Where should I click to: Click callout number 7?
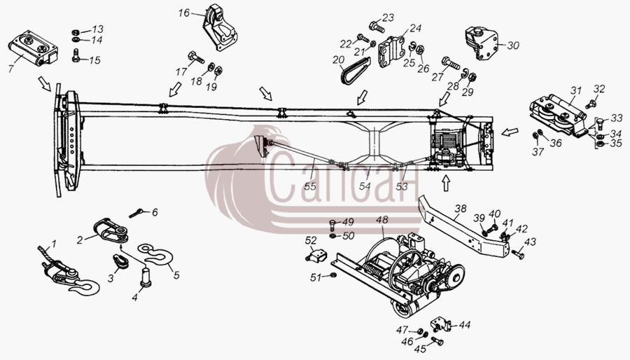tap(10, 69)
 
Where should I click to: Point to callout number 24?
tap(415, 28)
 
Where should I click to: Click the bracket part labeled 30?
tap(482, 43)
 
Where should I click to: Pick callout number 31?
tap(576, 91)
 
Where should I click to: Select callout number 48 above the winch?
tap(382, 220)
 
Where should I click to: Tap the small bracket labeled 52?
tap(316, 255)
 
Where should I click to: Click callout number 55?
tap(310, 186)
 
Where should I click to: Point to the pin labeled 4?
tap(146, 277)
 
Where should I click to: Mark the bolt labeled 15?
tap(76, 55)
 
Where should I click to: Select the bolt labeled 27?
tap(450, 62)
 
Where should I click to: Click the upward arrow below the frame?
tap(445, 184)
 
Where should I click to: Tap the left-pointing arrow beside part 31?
tap(510, 132)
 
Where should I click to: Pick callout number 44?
tap(464, 325)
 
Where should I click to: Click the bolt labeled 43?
tap(517, 254)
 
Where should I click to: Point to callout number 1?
tap(54, 244)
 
